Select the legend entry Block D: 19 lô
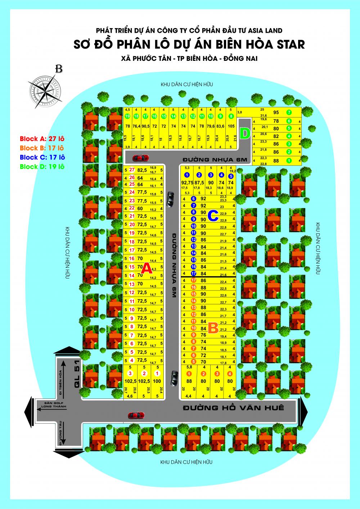point(42,167)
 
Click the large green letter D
point(245,134)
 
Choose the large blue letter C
point(213,216)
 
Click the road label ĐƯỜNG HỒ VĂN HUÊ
point(233,408)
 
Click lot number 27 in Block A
point(132,170)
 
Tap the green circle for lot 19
point(127,116)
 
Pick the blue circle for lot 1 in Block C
point(186,175)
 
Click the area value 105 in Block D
point(231,126)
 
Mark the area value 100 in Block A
point(157,381)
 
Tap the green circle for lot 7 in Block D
point(288,112)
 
